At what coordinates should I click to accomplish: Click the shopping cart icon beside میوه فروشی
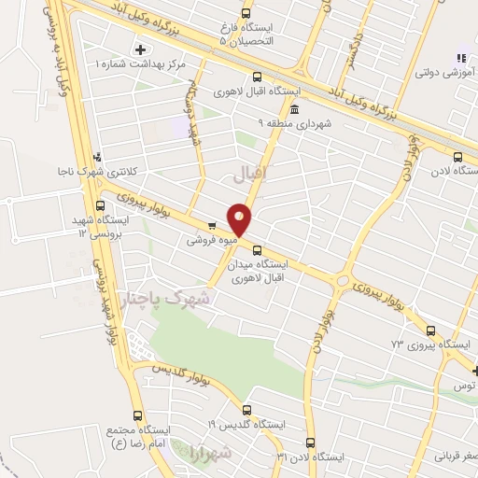tap(212, 225)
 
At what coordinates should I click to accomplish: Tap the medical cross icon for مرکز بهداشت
tap(141, 49)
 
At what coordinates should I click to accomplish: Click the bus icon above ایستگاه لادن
tap(457, 158)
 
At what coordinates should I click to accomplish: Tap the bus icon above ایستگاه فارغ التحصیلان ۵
tap(246, 14)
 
